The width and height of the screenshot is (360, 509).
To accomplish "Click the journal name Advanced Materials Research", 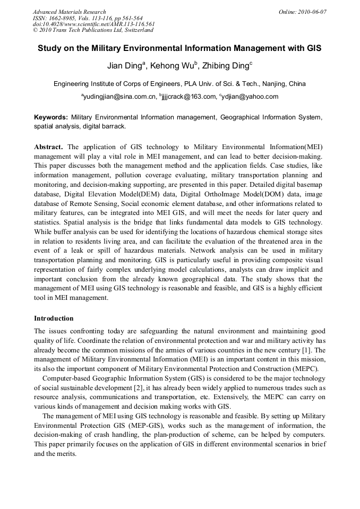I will click(x=69, y=12).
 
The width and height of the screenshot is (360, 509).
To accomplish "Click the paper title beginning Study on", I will click(x=179, y=48).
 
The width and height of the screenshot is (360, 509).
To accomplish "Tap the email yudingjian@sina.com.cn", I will click(x=120, y=97).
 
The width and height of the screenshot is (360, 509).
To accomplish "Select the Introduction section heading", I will click(x=54, y=318).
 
